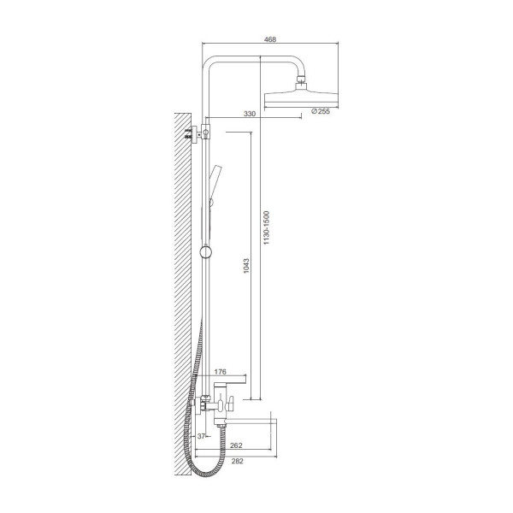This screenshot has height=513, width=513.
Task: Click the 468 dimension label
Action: (270, 39)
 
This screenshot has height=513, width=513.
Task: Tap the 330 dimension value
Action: (250, 114)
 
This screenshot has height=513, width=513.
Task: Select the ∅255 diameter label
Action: (321, 111)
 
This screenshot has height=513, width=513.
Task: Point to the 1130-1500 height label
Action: (266, 228)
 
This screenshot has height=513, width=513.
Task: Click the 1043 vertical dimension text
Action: (246, 266)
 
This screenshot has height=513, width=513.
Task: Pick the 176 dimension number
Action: (221, 372)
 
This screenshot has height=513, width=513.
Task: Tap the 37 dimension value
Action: (201, 436)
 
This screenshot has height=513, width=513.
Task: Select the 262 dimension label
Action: (236, 445)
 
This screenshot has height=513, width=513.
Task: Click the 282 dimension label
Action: (237, 461)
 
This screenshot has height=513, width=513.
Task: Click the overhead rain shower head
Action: (301, 98)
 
